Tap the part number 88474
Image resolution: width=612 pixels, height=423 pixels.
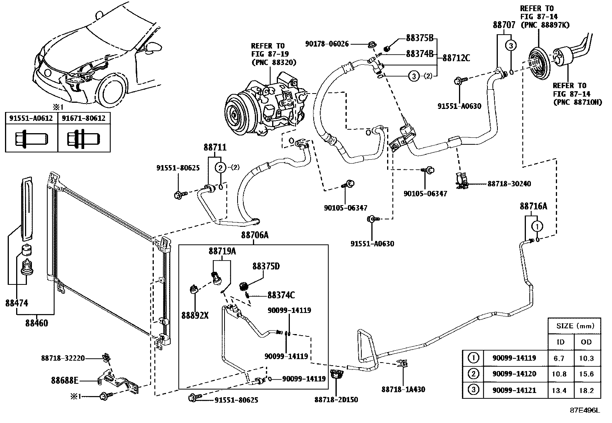tap(17, 303)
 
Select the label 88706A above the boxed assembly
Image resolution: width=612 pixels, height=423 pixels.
tap(255, 235)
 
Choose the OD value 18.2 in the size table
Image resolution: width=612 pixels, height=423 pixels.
tap(586, 390)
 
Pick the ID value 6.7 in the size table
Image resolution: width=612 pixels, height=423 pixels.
tap(559, 358)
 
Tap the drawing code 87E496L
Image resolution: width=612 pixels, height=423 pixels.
tap(585, 410)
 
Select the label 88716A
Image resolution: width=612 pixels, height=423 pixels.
tap(533, 206)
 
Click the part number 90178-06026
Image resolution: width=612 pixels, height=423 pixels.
tap(327, 44)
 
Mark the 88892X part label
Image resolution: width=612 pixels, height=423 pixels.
tap(195, 315)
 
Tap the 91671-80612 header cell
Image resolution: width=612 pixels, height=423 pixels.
tap(84, 118)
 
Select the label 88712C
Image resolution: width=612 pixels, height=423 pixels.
tap(456, 58)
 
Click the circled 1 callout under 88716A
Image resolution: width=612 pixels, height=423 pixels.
tap(537, 226)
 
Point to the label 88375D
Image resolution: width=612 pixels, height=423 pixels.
tap(266, 266)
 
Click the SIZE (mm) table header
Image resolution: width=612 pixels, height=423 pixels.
tap(575, 326)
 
